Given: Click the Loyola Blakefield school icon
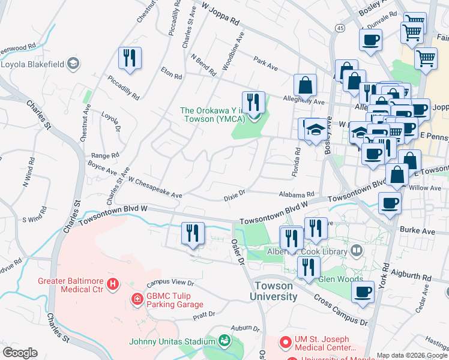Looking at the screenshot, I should click(x=73, y=64).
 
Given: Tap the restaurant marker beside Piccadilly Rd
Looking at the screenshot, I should click(x=130, y=58).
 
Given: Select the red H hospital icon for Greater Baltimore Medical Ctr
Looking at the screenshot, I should click(x=111, y=283).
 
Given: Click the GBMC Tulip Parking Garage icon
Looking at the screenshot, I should click(x=137, y=298).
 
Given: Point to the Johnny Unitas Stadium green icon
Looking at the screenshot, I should click(x=224, y=341).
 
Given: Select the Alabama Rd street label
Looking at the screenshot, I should click(x=296, y=194).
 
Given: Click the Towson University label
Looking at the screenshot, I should click(x=275, y=291).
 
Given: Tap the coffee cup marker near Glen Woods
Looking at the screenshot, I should click(x=362, y=293).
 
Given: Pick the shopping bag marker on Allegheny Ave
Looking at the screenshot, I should click(x=305, y=85).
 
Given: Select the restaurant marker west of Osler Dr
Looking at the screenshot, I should click(x=193, y=233).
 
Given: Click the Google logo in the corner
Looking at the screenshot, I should click(x=19, y=353).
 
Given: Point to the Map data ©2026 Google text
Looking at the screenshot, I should click(x=412, y=355).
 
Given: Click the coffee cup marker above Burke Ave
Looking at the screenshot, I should click(x=390, y=203).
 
